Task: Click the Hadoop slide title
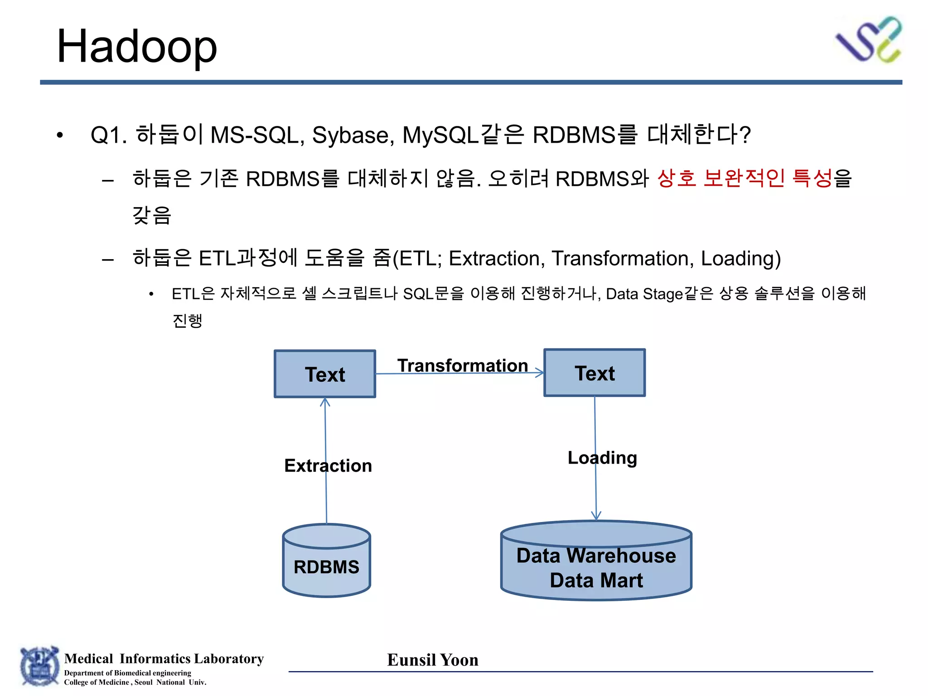[136, 46]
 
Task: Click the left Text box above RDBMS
[325, 374]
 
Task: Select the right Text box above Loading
[594, 373]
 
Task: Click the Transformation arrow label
[463, 365]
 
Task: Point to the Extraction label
[328, 466]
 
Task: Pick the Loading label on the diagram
[602, 458]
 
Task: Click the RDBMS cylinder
[326, 561]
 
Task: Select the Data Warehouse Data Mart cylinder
[596, 562]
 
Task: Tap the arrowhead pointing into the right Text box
[540, 372]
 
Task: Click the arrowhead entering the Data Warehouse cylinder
[596, 516]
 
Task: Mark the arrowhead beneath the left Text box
[325, 402]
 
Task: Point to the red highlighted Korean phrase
[744, 178]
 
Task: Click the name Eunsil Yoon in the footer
[433, 660]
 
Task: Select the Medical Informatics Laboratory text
[164, 658]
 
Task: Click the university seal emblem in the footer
[39, 666]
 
